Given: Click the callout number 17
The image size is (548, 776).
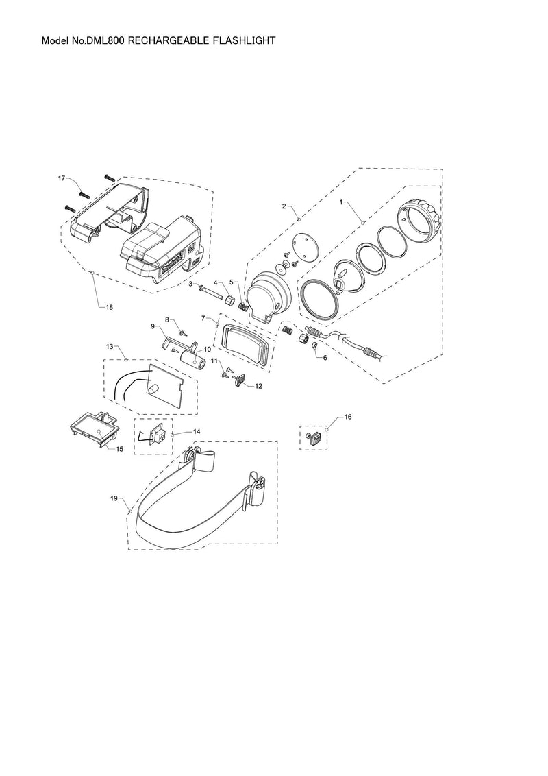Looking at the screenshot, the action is point(62,178).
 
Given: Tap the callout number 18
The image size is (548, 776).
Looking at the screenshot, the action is point(110,307).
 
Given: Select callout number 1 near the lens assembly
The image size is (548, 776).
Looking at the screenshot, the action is point(340,202).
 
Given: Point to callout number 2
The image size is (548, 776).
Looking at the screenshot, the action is point(284,206).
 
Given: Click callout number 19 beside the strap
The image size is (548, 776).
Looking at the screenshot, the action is point(114,498).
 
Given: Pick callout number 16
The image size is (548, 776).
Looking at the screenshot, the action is point(348,417).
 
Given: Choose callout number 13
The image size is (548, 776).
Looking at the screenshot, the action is point(110,346).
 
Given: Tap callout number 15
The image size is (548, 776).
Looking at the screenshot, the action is point(120,450).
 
